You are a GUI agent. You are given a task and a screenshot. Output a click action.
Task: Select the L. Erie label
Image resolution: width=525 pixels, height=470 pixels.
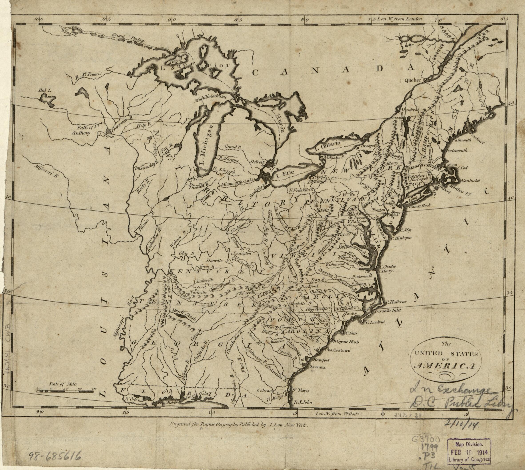coord(283,177)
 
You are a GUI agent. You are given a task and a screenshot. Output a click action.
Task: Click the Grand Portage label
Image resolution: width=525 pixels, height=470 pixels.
coord(129,38)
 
